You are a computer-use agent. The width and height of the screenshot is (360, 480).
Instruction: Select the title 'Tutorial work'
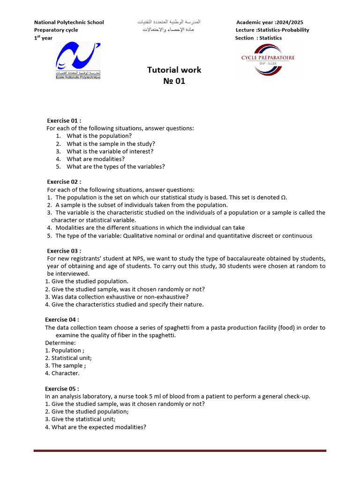tap(174, 70)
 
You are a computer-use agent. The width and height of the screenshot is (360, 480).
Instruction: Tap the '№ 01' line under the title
tap(174, 81)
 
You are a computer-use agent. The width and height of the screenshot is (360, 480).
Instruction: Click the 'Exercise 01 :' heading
tap(64, 120)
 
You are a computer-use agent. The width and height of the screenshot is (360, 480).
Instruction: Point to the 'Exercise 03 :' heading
tap(64, 251)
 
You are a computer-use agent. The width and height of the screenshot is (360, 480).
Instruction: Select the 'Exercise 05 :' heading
tap(62, 389)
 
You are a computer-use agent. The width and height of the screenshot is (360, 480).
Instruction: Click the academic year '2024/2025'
tap(291, 22)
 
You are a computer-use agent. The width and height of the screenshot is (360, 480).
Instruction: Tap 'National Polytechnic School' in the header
tap(69, 22)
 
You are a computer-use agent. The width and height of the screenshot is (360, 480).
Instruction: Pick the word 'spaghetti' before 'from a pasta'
tap(173, 328)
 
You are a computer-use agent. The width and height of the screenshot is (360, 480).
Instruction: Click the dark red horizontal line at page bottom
tap(180, 450)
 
